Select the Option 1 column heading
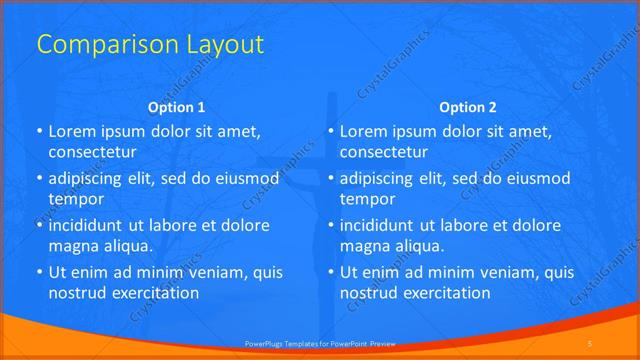click(x=176, y=107)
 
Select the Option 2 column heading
click(x=468, y=107)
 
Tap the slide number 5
click(x=589, y=343)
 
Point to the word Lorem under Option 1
click(x=72, y=131)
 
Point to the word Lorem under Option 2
click(x=364, y=131)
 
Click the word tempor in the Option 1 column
click(x=75, y=199)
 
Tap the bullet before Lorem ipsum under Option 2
click(x=330, y=131)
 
